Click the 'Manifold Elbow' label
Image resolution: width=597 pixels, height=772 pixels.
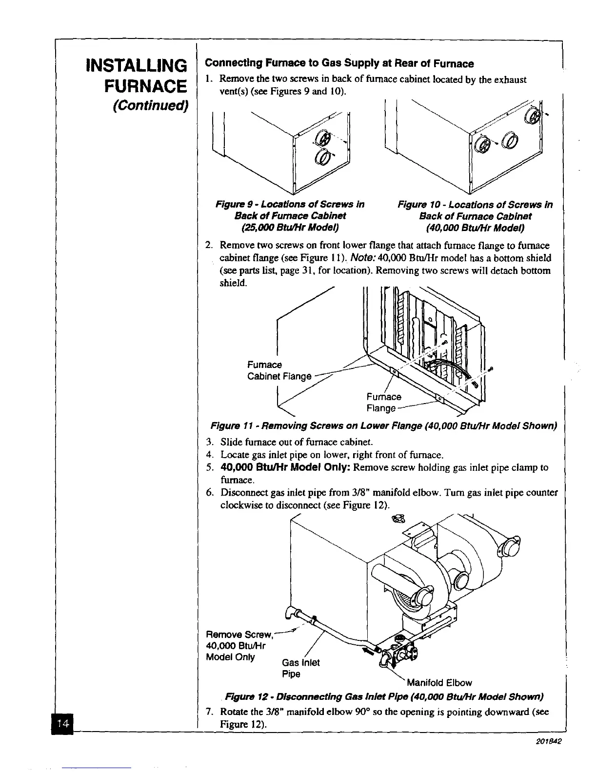(x=439, y=682)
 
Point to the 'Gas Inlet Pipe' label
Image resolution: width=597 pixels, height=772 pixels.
(x=300, y=668)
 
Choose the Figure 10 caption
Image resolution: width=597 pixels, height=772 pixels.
(x=475, y=216)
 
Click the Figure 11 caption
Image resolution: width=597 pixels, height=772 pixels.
(x=383, y=426)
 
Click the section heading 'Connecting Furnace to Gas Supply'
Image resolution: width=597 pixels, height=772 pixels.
(x=339, y=64)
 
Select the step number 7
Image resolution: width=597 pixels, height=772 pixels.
(x=209, y=712)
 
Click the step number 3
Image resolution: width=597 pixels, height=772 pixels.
(x=209, y=443)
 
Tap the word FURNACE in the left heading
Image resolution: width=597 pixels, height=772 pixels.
(x=145, y=86)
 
